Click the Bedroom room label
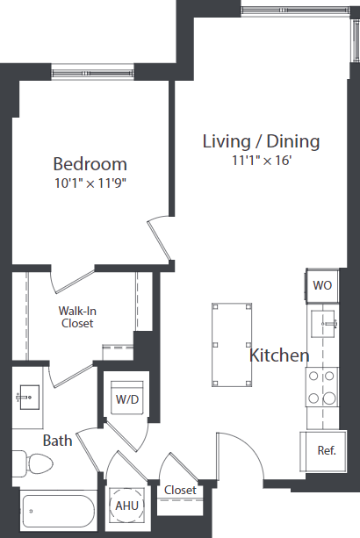tap(90, 164)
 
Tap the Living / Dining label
tap(261, 141)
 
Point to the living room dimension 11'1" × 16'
tap(261, 161)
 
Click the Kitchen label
tap(279, 355)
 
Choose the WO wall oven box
tap(321, 285)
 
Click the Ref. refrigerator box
tap(326, 450)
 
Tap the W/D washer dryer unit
tap(127, 400)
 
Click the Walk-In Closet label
tap(76, 317)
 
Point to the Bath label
tap(57, 441)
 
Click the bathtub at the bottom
tap(57, 510)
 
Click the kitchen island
tap(233, 345)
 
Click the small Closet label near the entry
tap(180, 491)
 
